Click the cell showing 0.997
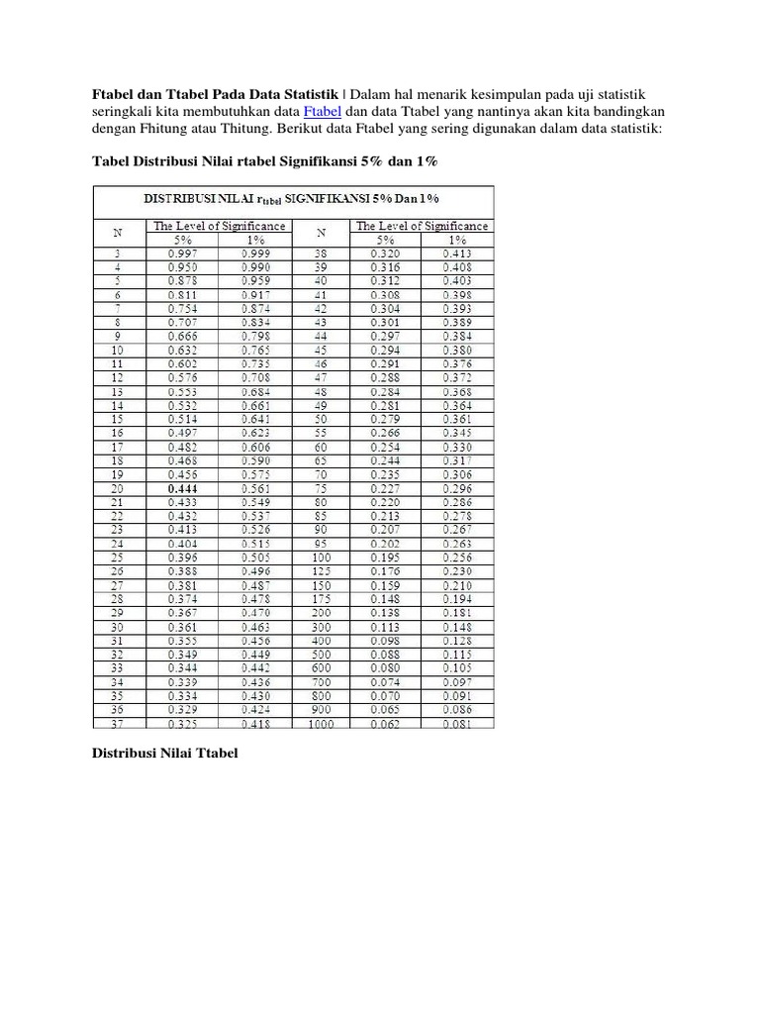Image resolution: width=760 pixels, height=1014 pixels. (183, 253)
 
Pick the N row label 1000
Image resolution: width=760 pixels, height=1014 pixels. (322, 724)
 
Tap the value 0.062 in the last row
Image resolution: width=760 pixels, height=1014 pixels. (387, 724)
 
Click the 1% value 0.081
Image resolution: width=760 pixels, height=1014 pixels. (457, 724)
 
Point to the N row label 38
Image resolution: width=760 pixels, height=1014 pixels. (322, 253)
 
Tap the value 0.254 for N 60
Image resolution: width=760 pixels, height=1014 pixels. (387, 448)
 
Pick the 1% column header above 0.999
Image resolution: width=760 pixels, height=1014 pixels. (256, 239)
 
